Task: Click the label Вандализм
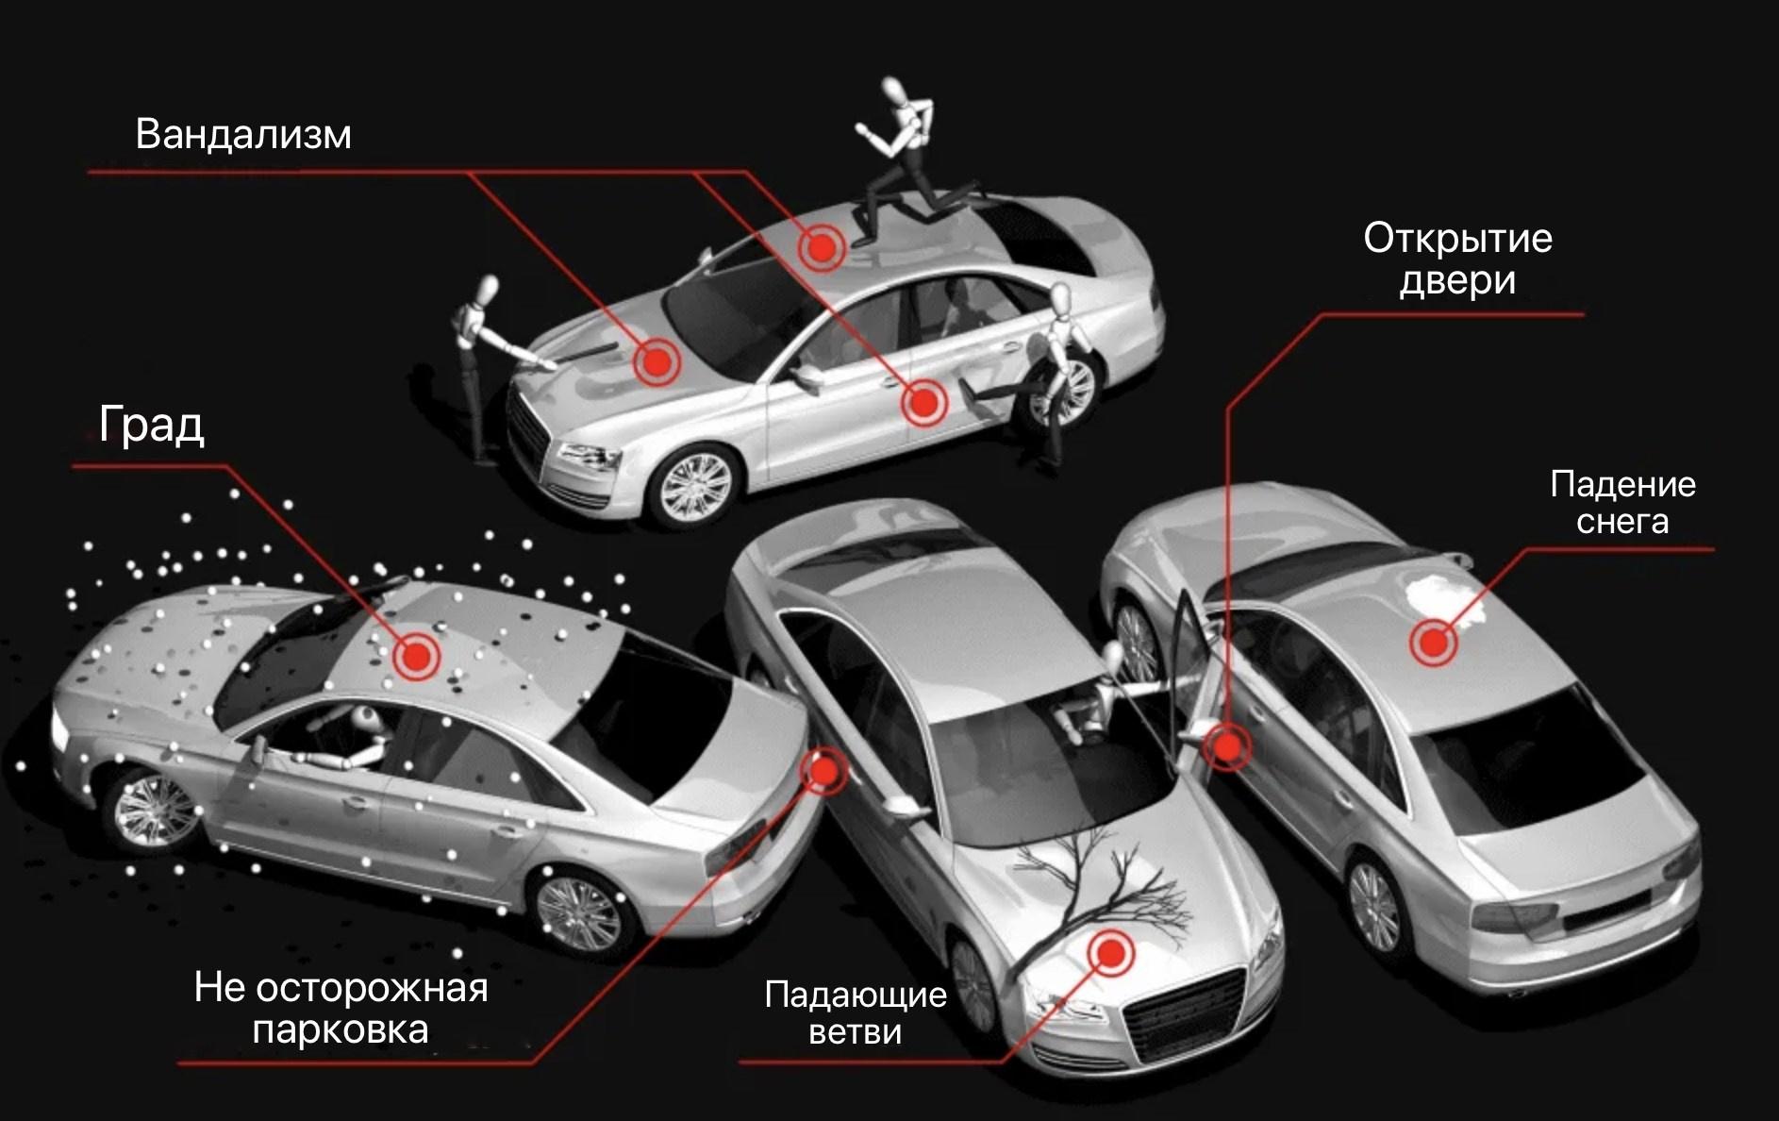point(243,135)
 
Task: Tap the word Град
point(151,425)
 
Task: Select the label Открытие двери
point(1457,259)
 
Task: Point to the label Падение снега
point(1622,503)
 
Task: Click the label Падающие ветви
point(856,1012)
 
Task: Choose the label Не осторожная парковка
point(341,1008)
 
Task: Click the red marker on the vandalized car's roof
point(821,248)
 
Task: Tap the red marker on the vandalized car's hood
point(656,360)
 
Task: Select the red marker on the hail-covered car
point(415,657)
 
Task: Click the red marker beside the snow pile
point(1433,643)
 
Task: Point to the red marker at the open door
point(1227,746)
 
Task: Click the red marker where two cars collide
point(823,772)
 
